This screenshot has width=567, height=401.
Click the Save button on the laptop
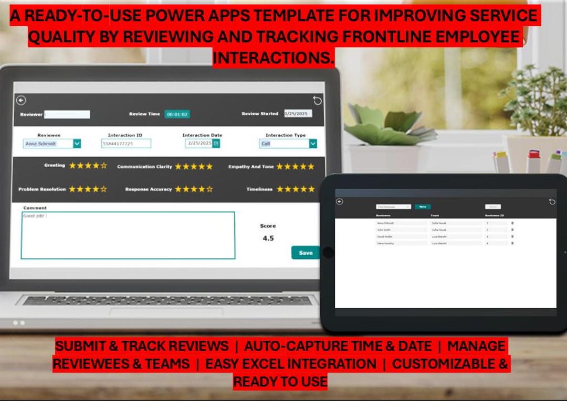[x=306, y=253]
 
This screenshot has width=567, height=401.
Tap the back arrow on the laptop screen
[x=21, y=100]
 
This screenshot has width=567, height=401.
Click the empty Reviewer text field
[x=67, y=114]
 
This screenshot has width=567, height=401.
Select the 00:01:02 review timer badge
[x=177, y=114]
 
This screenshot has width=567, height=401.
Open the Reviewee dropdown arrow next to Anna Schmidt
[x=77, y=144]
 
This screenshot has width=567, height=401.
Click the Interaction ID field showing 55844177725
[x=126, y=144]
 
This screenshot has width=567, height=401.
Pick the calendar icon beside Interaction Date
[x=216, y=143]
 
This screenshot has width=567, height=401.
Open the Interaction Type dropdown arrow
[x=313, y=144]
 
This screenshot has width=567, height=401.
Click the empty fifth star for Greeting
[x=104, y=166]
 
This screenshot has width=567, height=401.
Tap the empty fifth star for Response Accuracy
[x=210, y=189]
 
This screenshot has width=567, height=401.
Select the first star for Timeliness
[x=280, y=189]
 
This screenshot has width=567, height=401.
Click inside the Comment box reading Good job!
[x=128, y=235]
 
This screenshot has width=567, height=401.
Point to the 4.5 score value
[x=268, y=239]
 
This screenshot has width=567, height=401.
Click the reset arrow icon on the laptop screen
[x=317, y=100]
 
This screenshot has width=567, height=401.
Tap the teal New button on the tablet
[x=422, y=207]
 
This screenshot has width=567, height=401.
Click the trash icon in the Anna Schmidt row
[x=512, y=223]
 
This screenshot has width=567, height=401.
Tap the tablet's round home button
[x=329, y=253]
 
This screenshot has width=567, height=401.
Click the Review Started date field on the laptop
[x=298, y=114]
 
